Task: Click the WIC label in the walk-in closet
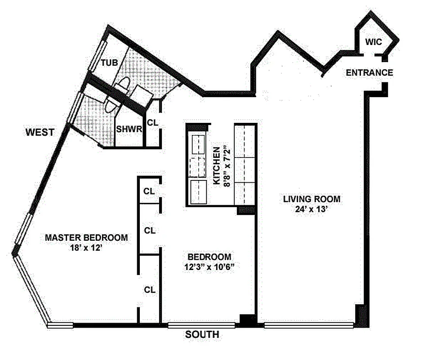(373, 42)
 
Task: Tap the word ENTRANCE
(370, 72)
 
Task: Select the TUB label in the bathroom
(109, 63)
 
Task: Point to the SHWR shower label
(129, 129)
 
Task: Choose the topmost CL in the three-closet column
(149, 191)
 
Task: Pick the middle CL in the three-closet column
(149, 230)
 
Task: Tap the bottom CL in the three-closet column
(149, 290)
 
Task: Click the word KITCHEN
(217, 165)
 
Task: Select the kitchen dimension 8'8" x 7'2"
(226, 165)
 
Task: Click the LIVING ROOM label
(312, 199)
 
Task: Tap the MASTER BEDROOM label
(86, 237)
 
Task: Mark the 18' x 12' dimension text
(86, 247)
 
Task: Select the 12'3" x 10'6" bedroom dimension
(209, 267)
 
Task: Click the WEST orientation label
(40, 132)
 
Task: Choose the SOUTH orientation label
(202, 335)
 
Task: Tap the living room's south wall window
(309, 324)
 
